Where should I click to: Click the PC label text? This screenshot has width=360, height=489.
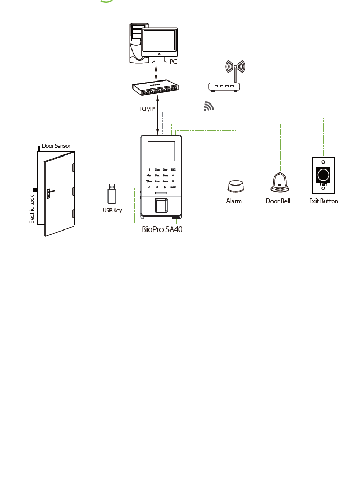(x=173, y=62)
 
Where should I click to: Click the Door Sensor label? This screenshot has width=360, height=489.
(x=56, y=146)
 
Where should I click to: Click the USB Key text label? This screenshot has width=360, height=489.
(x=112, y=210)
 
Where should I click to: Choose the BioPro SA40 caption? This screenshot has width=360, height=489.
(x=158, y=229)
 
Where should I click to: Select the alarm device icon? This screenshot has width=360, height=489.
(x=234, y=186)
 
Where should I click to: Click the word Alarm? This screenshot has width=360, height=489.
(x=234, y=201)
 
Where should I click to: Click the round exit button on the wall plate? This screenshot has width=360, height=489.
(x=324, y=175)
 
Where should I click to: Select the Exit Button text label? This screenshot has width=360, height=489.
(x=324, y=201)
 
